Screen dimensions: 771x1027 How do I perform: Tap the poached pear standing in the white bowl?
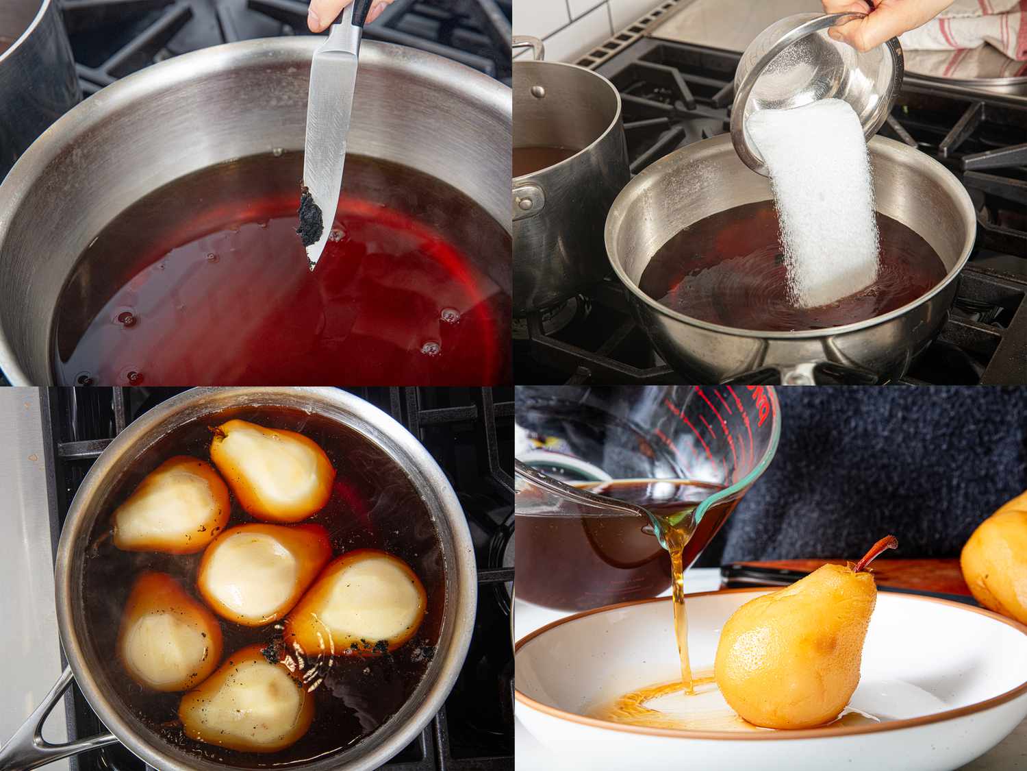[x=794, y=651]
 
